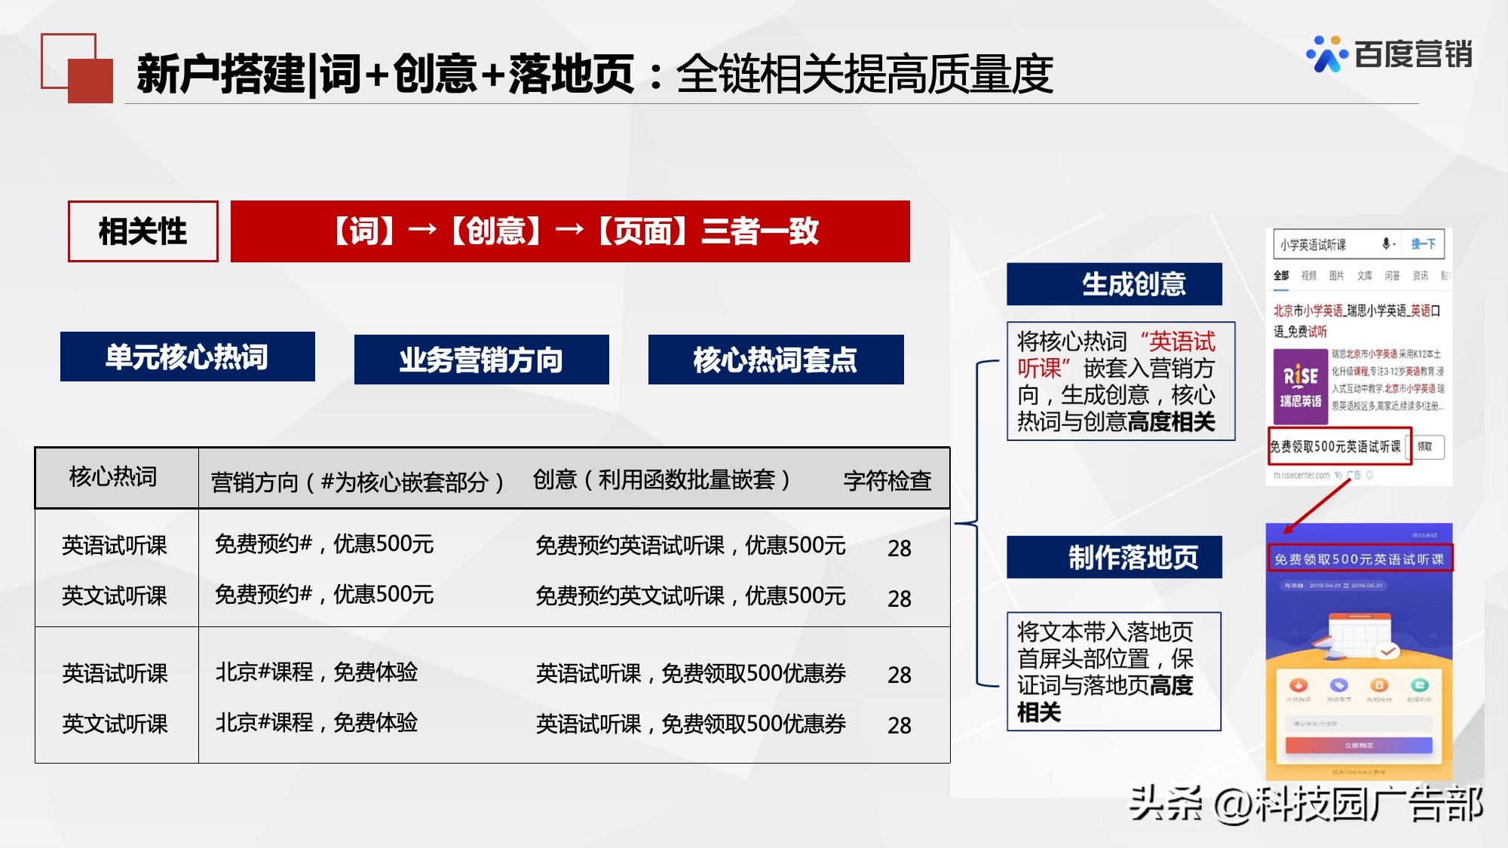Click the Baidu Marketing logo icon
click(1326, 54)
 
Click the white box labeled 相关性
click(143, 231)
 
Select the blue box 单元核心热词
click(187, 357)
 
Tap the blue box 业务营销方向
click(481, 360)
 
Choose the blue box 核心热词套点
click(775, 360)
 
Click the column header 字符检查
click(887, 480)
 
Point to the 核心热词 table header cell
click(113, 477)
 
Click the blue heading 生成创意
click(1114, 284)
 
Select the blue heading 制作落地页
click(1114, 557)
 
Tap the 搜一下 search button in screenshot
click(1423, 244)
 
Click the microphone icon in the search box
click(1386, 243)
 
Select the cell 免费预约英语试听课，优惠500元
click(690, 545)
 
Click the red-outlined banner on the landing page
click(1359, 559)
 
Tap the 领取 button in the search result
click(1424, 446)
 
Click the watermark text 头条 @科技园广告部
click(1305, 804)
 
